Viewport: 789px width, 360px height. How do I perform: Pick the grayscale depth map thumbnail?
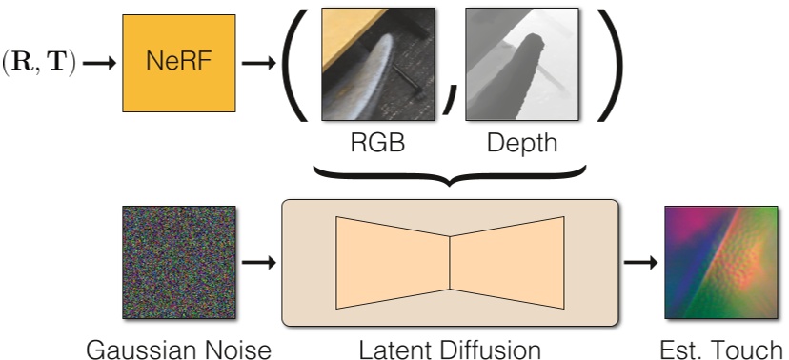tap(522, 64)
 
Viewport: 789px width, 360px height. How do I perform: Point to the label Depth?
tap(521, 145)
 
